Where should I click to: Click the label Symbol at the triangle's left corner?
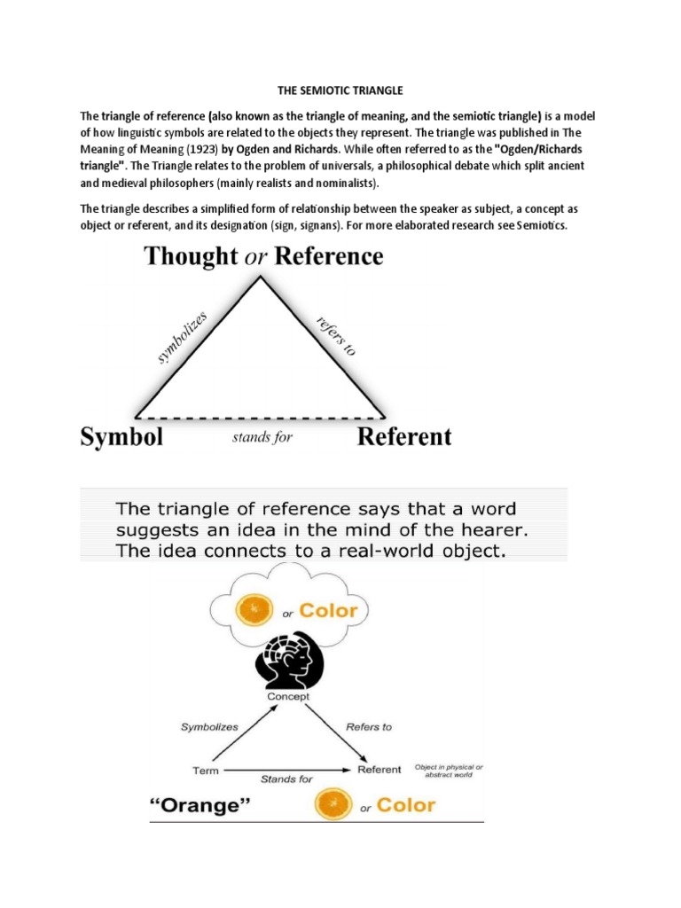point(121,437)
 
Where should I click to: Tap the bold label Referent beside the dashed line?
point(403,436)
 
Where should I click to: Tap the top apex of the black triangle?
point(260,278)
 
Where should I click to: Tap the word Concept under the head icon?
point(288,697)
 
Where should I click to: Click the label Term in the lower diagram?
point(206,770)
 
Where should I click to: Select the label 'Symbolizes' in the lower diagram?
point(209,726)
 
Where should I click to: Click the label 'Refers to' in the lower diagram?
point(369,727)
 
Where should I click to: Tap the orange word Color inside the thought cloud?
point(328,611)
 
